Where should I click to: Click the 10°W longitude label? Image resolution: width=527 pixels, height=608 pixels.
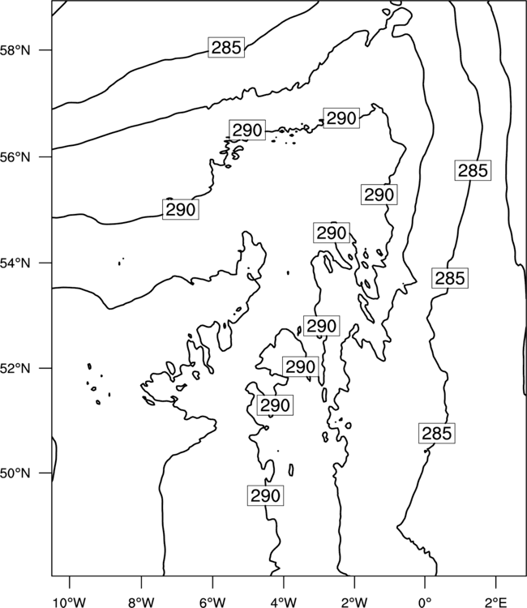pos(70,602)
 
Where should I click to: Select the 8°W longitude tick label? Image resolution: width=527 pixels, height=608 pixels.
pos(141,602)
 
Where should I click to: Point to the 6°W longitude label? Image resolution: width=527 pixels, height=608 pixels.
pos(212,602)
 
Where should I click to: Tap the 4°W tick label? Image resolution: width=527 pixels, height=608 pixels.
pos(284,602)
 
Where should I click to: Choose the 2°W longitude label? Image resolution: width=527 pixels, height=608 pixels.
pos(354,602)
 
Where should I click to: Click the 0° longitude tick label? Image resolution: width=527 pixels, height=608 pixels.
pos(425,602)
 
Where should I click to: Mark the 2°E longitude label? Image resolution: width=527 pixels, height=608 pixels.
pos(496,602)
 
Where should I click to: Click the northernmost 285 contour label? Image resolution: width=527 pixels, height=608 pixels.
pos(226,48)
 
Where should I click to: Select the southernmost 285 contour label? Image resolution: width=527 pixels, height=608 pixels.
pos(437,433)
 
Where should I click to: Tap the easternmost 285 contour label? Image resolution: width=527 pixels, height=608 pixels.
pos(473,170)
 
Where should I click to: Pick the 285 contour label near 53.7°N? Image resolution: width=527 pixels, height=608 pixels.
pos(450,278)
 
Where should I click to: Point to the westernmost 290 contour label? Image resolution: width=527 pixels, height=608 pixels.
pos(180,209)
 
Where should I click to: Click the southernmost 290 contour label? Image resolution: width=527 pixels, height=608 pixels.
pos(265,495)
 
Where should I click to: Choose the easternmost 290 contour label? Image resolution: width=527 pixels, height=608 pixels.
pos(379,195)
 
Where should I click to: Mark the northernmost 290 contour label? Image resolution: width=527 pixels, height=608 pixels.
pos(341,118)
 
